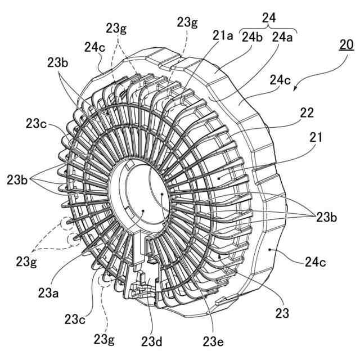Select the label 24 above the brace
point(269,18)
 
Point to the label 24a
point(283,37)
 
